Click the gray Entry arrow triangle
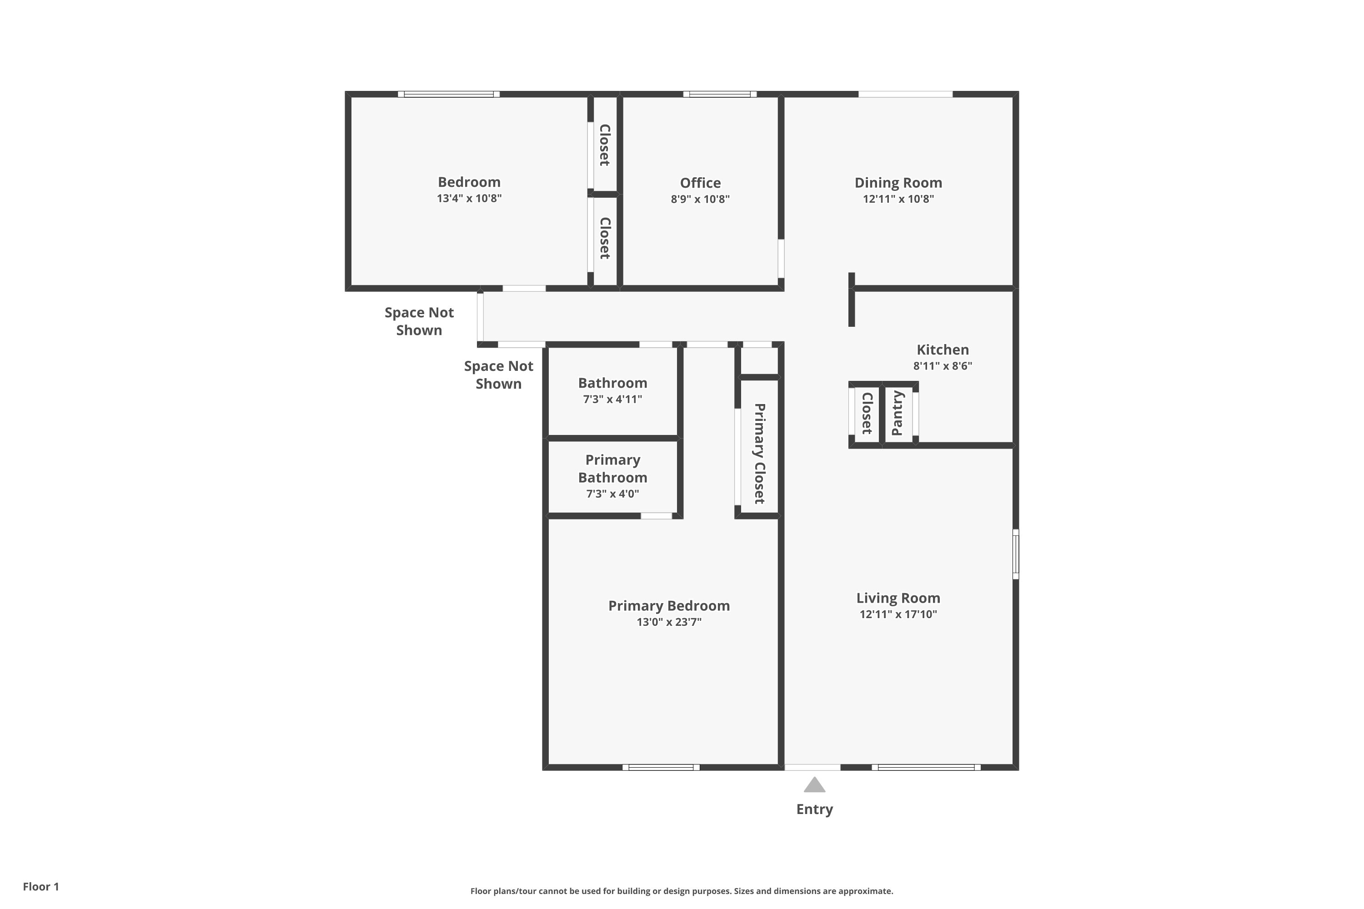(x=814, y=785)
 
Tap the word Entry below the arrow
(x=814, y=810)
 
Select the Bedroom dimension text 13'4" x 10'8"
(x=469, y=198)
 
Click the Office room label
(x=701, y=183)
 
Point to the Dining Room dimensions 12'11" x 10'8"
(x=898, y=199)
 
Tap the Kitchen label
(x=943, y=350)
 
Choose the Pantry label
(x=898, y=413)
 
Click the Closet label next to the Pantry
(x=868, y=413)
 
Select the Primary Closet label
(x=760, y=453)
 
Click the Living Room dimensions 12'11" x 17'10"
(x=898, y=614)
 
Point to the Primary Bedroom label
(x=669, y=606)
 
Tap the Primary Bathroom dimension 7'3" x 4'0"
(x=612, y=494)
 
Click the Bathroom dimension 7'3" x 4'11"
(x=612, y=399)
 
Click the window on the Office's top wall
(x=720, y=94)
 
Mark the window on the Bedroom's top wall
(x=449, y=94)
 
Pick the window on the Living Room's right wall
(x=1016, y=554)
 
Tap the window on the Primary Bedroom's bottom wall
(x=661, y=768)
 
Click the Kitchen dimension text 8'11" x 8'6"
(x=943, y=366)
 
